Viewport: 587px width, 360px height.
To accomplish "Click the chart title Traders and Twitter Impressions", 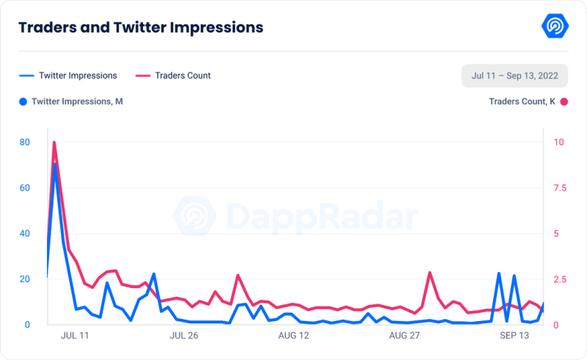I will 141,28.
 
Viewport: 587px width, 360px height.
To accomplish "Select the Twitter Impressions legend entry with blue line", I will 68,76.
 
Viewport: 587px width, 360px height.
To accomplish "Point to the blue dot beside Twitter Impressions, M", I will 23,101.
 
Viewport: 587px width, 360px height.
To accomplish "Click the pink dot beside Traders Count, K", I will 564,101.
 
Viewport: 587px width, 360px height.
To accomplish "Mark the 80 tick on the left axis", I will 25,142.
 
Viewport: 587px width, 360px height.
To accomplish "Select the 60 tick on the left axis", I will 25,188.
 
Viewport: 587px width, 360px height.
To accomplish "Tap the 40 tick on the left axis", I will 25,233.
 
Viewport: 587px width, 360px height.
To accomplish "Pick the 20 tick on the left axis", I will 25,279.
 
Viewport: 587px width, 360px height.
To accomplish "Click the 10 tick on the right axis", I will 558,142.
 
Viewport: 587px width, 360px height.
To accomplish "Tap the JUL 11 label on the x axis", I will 74,335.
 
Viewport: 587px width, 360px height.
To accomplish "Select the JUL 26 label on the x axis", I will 183,335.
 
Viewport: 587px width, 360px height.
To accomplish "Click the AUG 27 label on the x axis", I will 404,335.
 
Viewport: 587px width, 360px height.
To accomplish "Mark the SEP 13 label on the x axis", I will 514,335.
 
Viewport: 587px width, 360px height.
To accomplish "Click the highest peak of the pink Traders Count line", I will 54,143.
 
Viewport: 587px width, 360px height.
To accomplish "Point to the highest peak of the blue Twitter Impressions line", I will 54,165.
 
